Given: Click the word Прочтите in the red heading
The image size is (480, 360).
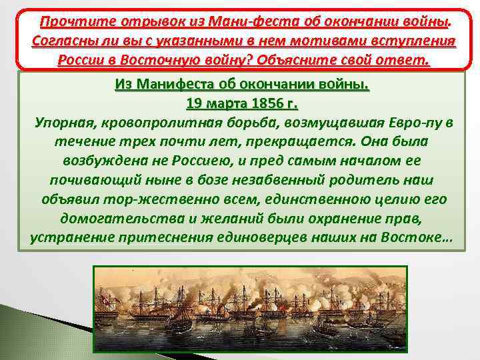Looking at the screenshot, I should point(65,21).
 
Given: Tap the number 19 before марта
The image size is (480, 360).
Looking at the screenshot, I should point(195,105).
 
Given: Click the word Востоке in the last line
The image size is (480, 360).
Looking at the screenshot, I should point(417,238).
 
